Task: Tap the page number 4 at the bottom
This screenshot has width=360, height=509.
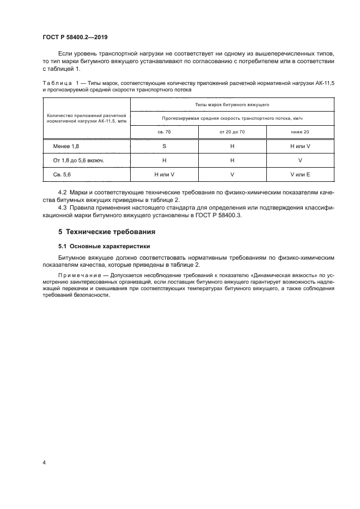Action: tap(44, 463)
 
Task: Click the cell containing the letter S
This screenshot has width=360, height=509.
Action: tap(164, 147)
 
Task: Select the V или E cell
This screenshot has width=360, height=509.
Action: tap(300, 174)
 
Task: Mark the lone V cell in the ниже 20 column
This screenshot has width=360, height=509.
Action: tap(300, 161)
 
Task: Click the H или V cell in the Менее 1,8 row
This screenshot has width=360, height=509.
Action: tap(300, 147)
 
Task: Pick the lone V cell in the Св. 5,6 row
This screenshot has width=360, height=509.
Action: tap(232, 174)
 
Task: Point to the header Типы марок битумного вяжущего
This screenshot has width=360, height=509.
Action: tap(232, 103)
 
